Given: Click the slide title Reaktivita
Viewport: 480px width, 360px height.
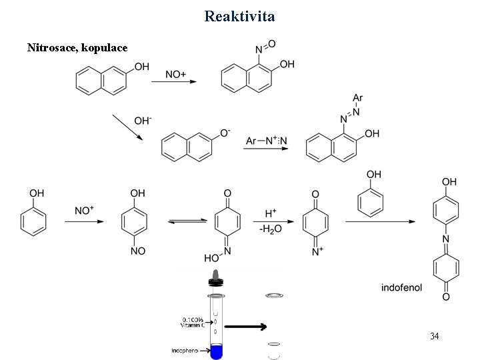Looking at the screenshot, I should click(x=239, y=15).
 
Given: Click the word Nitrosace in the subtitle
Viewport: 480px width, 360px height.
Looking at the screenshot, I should click(x=50, y=48).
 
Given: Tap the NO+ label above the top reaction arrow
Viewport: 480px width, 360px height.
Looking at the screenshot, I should click(x=175, y=75).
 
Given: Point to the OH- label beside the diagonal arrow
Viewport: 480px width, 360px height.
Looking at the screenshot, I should click(x=143, y=121).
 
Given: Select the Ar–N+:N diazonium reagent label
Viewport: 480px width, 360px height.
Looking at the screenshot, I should click(x=267, y=141).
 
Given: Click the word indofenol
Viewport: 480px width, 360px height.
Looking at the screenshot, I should click(x=401, y=288).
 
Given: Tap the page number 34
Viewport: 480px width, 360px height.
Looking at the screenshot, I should click(x=434, y=335).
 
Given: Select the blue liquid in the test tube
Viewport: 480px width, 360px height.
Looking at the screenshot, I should click(x=216, y=351).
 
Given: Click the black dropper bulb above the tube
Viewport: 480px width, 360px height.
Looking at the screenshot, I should click(x=215, y=275).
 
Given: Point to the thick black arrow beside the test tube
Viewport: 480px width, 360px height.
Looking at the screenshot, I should click(x=245, y=327).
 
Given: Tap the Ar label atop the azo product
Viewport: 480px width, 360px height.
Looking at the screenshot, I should click(x=357, y=98).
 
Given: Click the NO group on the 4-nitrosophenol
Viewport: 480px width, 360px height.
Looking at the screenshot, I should click(x=138, y=251).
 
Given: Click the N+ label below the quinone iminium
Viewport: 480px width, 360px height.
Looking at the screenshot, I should click(x=317, y=251).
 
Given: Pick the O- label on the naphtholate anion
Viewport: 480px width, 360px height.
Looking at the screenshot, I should click(x=225, y=133).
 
